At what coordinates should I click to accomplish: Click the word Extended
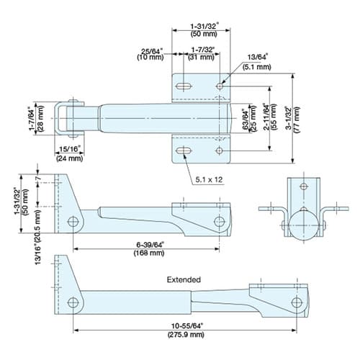click(x=184, y=279)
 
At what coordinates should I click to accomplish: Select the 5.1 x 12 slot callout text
click(x=209, y=179)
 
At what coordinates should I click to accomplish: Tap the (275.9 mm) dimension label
click(x=186, y=334)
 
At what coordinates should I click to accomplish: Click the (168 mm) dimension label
click(x=149, y=253)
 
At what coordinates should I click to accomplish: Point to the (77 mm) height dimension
click(x=297, y=120)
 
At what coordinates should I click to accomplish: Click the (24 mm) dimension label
click(x=70, y=158)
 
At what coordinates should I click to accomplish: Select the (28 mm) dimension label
click(x=41, y=119)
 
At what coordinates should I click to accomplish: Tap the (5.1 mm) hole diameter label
click(x=256, y=67)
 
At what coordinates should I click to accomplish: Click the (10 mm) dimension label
click(x=150, y=57)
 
